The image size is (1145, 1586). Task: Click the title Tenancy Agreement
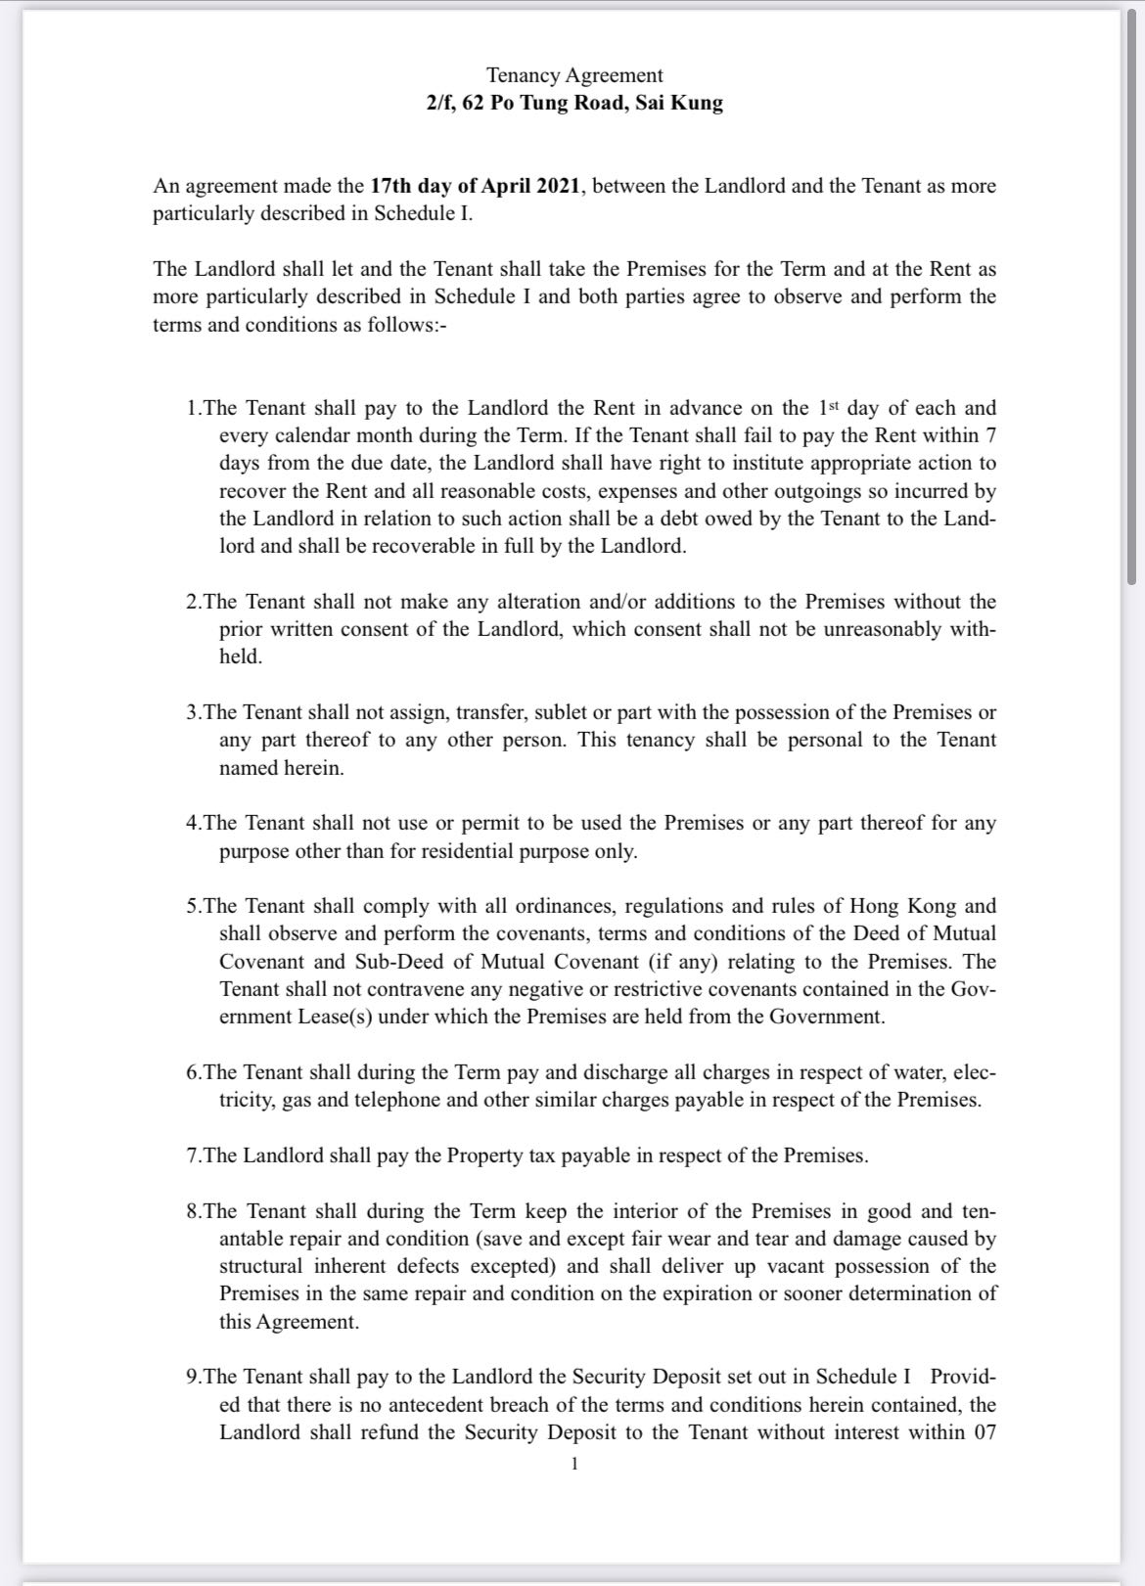574,75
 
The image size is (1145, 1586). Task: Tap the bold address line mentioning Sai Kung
574,103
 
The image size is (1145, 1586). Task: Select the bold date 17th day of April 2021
477,186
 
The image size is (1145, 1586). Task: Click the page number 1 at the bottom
574,1464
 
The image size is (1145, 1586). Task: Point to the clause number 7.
193,1156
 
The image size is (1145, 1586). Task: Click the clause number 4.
193,823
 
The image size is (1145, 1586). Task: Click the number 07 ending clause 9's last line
984,1432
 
